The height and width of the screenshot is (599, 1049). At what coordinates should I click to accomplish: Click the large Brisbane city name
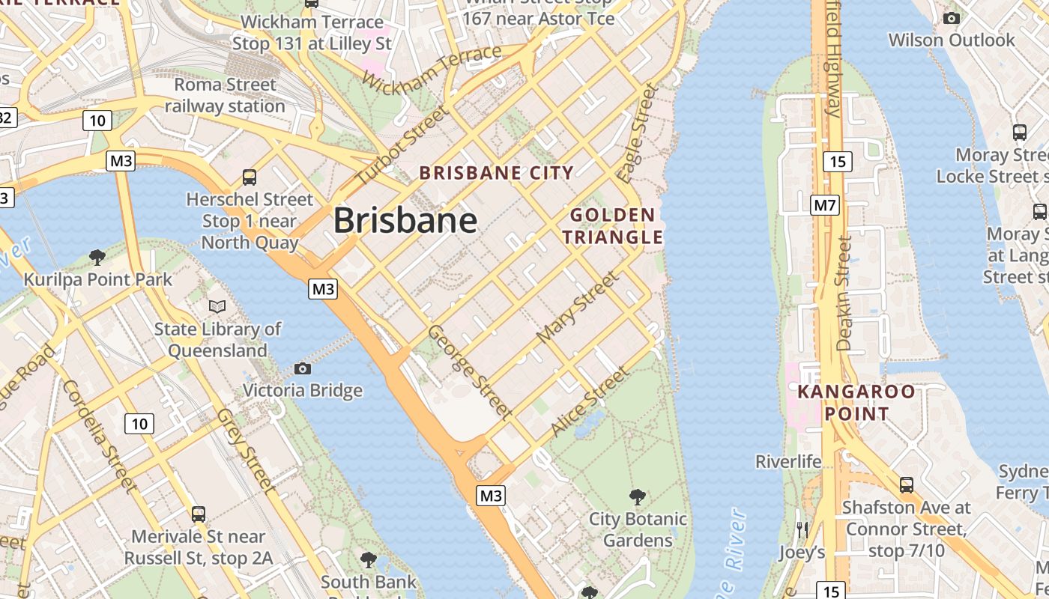point(405,220)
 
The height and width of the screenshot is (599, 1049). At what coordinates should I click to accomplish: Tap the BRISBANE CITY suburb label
point(496,173)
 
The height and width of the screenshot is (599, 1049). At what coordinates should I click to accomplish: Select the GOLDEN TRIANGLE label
point(613,226)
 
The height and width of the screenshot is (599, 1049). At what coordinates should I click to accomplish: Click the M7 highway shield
point(824,205)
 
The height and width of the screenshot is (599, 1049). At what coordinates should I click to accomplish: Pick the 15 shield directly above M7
point(837,161)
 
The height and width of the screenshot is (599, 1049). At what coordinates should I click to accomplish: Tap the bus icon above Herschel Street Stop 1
point(250,177)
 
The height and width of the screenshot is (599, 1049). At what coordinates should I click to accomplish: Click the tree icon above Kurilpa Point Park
point(97,258)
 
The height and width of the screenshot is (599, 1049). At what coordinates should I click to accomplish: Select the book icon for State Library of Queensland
point(217,306)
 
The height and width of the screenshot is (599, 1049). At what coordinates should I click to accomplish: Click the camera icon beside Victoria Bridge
point(303,368)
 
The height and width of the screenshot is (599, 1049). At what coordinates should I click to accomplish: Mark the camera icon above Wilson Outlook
point(951,18)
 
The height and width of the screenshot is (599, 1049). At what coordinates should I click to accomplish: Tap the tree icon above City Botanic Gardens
point(638,496)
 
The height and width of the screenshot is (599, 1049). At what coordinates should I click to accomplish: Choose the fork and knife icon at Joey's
point(802,530)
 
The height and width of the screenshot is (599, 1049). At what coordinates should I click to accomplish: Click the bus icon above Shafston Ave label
point(906,484)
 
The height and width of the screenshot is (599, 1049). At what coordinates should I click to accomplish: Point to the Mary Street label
point(578,307)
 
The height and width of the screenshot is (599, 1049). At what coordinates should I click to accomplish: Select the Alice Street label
point(589,401)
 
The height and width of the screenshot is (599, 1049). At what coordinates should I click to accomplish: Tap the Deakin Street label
point(844,294)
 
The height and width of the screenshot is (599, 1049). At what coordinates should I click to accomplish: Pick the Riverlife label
point(788,461)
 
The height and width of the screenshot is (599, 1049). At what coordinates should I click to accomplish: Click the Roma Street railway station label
point(225,95)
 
